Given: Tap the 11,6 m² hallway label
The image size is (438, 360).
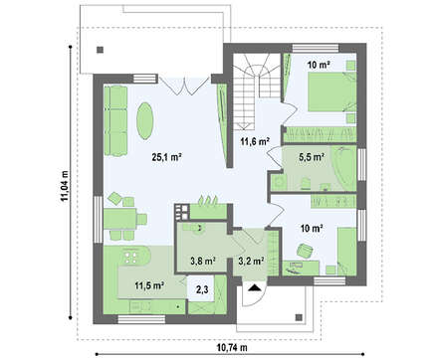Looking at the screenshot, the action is click(255, 141).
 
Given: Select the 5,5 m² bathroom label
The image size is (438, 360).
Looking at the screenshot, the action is click(312, 157).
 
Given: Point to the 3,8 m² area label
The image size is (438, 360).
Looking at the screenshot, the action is click(203, 261).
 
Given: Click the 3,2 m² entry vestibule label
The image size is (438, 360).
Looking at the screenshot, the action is click(251, 261).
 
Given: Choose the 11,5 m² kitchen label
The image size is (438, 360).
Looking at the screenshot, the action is click(150, 285).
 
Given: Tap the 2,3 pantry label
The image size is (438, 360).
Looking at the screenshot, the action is click(202, 290).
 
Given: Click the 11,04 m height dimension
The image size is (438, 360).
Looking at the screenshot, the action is click(65, 186).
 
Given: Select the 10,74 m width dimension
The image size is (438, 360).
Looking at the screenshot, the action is click(232, 347).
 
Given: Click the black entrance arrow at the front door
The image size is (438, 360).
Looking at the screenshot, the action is click(255, 287).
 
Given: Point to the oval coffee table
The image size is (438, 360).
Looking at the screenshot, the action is click(145, 120).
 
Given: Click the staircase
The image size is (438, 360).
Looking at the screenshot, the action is click(254, 92).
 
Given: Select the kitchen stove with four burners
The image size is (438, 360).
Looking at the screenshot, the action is click(131, 257).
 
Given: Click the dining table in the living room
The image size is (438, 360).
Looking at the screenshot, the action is click(119, 219).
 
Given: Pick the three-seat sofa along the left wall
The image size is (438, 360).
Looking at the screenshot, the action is click(115, 120).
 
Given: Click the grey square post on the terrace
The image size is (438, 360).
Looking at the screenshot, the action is click(100, 50).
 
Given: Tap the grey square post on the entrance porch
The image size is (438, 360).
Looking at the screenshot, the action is click(299, 317).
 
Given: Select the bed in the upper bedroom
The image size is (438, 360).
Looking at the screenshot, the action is click(331, 91).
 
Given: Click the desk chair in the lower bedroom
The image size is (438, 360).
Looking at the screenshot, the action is click(305, 251).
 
